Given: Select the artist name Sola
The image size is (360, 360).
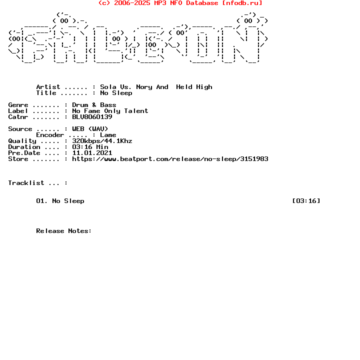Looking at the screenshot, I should [108, 87].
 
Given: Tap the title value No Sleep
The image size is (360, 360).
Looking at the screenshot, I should [116, 93].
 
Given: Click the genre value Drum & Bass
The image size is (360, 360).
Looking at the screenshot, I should [94, 105].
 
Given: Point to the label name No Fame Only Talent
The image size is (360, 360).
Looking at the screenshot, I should [110, 111].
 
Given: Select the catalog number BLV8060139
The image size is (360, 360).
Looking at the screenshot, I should [92, 117].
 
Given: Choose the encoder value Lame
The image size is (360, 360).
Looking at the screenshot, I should [108, 135].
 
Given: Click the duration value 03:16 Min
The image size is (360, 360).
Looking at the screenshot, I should [90, 147].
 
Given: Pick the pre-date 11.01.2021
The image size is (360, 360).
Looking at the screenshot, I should [92, 153].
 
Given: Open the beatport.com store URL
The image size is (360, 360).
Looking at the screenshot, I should [170, 159].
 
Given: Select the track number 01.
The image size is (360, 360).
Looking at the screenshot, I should [42, 201].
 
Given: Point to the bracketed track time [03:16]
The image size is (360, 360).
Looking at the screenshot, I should [306, 201].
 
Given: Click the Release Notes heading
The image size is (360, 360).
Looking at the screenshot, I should [64, 231].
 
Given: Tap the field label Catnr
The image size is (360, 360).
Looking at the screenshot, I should [18, 117].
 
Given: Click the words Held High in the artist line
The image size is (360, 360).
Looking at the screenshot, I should [194, 87].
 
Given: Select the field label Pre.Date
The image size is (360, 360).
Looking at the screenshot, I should [24, 153].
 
